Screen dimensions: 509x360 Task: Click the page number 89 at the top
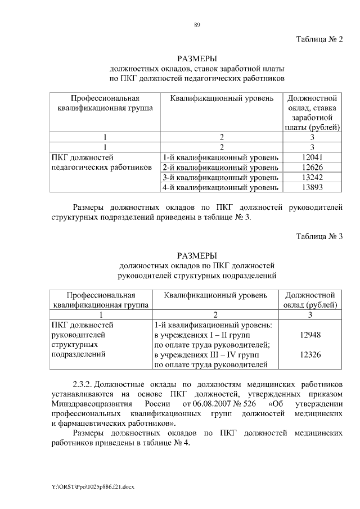[x=197, y=24]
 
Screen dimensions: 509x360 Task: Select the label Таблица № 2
[x=319, y=39]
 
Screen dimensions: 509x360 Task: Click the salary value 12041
[x=311, y=157]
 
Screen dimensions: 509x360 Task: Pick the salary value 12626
[x=311, y=167]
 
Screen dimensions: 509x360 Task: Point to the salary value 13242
[x=311, y=177]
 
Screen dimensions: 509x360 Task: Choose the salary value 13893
[x=311, y=187]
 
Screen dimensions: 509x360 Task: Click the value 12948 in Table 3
[x=310, y=335]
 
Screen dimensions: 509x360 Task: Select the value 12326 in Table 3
[x=310, y=355]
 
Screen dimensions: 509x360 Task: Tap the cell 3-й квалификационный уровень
[x=220, y=177]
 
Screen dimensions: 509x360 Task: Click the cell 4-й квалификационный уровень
[x=220, y=187]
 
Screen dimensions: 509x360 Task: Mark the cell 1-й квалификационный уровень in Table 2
[x=220, y=157]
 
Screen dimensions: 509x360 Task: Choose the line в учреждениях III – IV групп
[x=206, y=355]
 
